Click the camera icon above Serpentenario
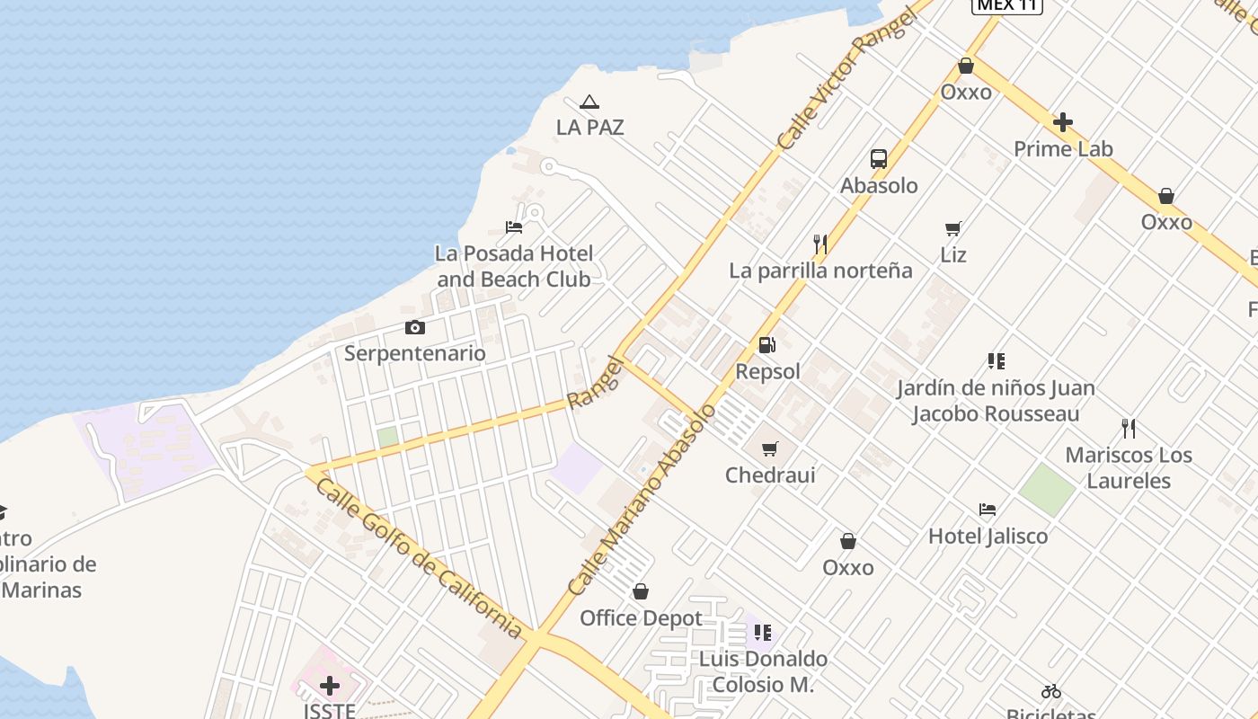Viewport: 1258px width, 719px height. tap(414, 327)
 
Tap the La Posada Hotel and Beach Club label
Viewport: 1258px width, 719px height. tap(514, 266)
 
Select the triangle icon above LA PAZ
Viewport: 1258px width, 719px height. tap(589, 102)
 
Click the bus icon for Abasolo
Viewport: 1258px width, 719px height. tap(879, 159)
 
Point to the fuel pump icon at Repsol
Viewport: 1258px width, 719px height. tap(767, 344)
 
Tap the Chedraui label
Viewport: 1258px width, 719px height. tap(770, 475)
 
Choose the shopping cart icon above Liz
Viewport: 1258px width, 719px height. tap(953, 229)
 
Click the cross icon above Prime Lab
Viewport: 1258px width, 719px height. tap(1063, 122)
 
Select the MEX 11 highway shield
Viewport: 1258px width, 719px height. tap(1007, 4)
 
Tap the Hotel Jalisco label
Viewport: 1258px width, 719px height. tap(988, 537)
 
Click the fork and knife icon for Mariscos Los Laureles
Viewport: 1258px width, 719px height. tap(1129, 429)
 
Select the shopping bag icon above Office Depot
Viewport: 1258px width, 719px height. tap(641, 591)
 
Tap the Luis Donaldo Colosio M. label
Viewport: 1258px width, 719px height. tap(763, 671)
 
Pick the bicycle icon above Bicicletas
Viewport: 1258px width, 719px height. tap(1051, 691)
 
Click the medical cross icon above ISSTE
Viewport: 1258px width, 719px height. tap(330, 687)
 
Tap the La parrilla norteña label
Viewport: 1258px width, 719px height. tap(820, 271)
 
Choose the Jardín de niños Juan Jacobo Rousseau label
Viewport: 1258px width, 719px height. tap(996, 401)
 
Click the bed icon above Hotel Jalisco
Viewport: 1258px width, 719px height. tap(988, 510)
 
